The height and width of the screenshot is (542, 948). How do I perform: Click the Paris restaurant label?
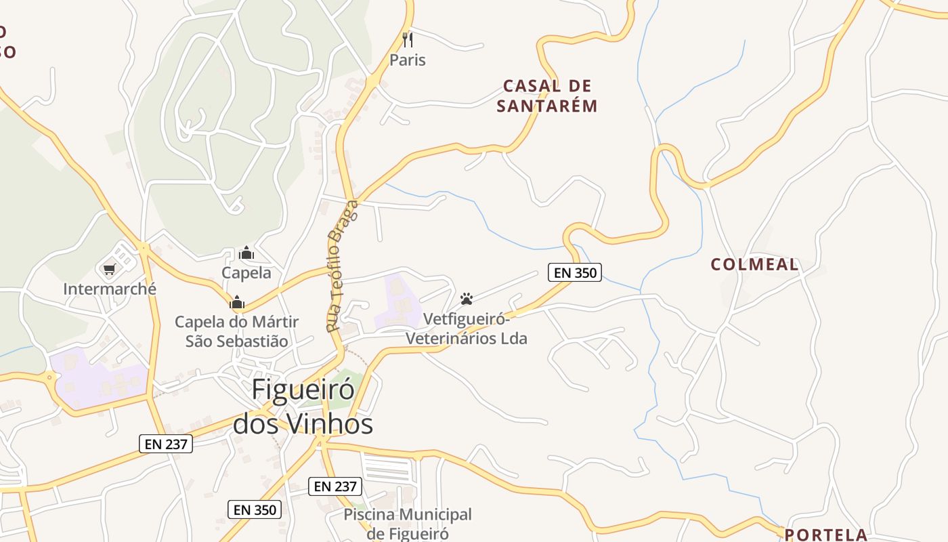point(407,60)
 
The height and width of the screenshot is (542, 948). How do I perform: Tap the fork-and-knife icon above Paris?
point(407,39)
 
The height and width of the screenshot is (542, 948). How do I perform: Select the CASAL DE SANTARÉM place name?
point(547,96)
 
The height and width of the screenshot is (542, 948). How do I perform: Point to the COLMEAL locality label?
point(754,264)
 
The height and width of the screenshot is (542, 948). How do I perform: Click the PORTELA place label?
point(825,534)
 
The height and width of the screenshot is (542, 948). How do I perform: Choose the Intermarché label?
point(110,289)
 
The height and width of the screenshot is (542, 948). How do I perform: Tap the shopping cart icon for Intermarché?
point(110,270)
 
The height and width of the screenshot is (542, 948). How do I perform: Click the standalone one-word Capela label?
point(246,273)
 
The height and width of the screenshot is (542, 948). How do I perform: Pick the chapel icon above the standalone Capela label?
point(246,253)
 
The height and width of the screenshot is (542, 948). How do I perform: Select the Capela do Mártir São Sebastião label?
point(237,331)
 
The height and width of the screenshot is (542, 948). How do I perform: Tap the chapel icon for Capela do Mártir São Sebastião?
point(237,302)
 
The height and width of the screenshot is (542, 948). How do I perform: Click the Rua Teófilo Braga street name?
point(342,266)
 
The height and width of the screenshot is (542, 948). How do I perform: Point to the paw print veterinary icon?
point(467,298)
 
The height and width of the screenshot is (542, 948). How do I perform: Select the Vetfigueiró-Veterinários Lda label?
point(466,328)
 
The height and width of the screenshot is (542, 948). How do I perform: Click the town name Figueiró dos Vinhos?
point(303,406)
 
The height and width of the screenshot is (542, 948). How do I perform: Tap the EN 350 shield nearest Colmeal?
point(574,272)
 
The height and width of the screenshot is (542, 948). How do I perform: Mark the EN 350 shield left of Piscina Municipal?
point(254,509)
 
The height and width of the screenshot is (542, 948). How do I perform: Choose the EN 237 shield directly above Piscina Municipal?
point(335,486)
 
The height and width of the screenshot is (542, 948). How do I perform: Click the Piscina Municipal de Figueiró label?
point(407,524)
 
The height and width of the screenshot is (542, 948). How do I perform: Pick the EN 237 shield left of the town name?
point(166,444)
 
